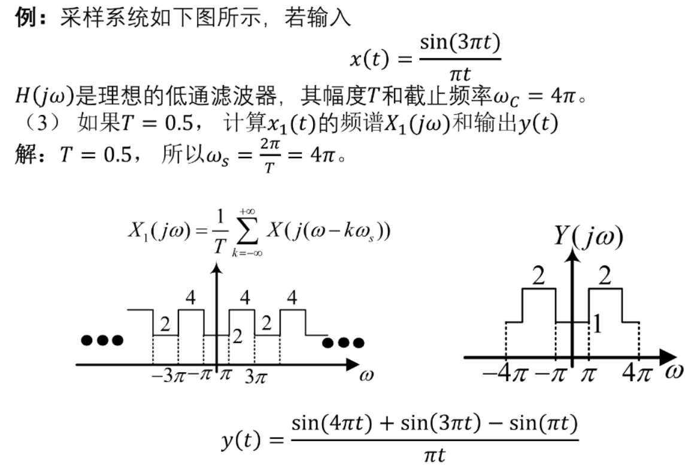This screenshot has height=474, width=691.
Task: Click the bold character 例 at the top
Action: pyautogui.click(x=25, y=18)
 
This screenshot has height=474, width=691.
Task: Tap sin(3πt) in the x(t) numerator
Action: pyautogui.click(x=460, y=42)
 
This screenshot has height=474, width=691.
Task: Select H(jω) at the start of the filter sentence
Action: pyautogui.click(x=44, y=96)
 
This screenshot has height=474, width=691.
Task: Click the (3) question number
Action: pyautogui.click(x=41, y=123)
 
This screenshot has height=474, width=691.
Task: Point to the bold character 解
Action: pyautogui.click(x=25, y=154)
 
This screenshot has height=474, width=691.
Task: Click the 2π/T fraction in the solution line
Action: pyautogui.click(x=269, y=156)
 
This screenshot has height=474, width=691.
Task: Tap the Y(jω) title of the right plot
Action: pyautogui.click(x=589, y=236)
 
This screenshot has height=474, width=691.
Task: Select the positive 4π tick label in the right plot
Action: pyautogui.click(x=637, y=374)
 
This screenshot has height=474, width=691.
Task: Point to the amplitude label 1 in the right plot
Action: pyautogui.click(x=597, y=324)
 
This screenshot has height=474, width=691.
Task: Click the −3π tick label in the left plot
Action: pyautogui.click(x=168, y=376)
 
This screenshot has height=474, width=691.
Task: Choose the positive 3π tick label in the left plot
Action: pyautogui.click(x=256, y=376)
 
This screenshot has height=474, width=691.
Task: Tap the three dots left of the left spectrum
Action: pyautogui.click(x=102, y=340)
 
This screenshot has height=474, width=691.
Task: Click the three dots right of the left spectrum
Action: pyautogui.click(x=343, y=343)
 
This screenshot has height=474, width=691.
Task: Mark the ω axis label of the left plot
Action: pyautogui.click(x=366, y=375)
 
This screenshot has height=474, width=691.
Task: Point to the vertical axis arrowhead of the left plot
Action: pyautogui.click(x=216, y=268)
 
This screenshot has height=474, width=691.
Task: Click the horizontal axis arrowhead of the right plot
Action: pyautogui.click(x=668, y=357)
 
